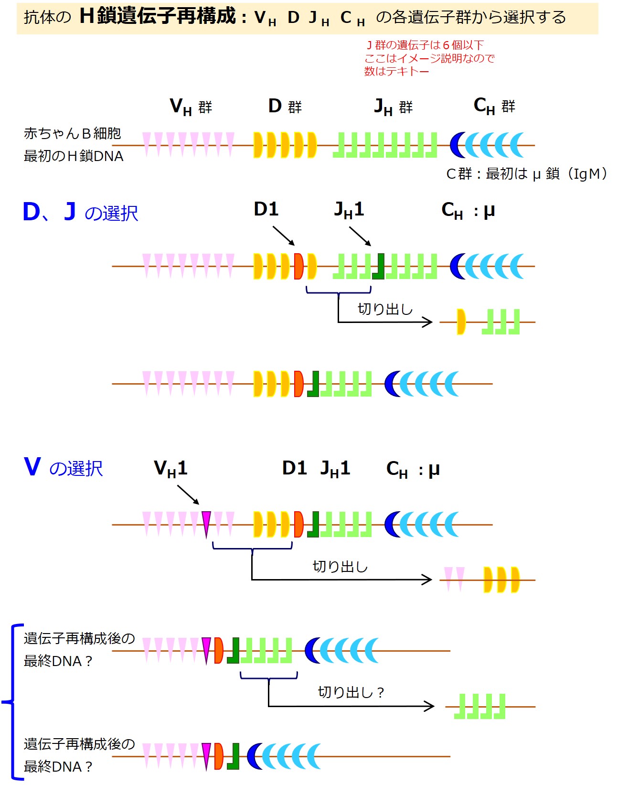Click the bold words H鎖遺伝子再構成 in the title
[x=158, y=16]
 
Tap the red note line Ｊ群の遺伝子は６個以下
[x=425, y=45]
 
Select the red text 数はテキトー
[x=396, y=72]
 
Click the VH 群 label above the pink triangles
[x=191, y=107]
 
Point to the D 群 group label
[x=285, y=106]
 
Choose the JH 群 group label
[x=393, y=107]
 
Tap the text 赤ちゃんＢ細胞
[x=73, y=133]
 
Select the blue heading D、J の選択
[x=80, y=212]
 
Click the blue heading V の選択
[x=63, y=467]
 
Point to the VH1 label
[x=170, y=469]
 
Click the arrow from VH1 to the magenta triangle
[x=188, y=495]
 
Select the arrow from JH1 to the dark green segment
[x=360, y=236]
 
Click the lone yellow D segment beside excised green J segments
[x=461, y=322]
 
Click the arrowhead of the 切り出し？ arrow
[x=429, y=706]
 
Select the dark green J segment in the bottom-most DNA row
[x=234, y=756]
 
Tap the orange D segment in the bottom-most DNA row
[x=219, y=756]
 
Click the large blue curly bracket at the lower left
[x=12, y=702]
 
